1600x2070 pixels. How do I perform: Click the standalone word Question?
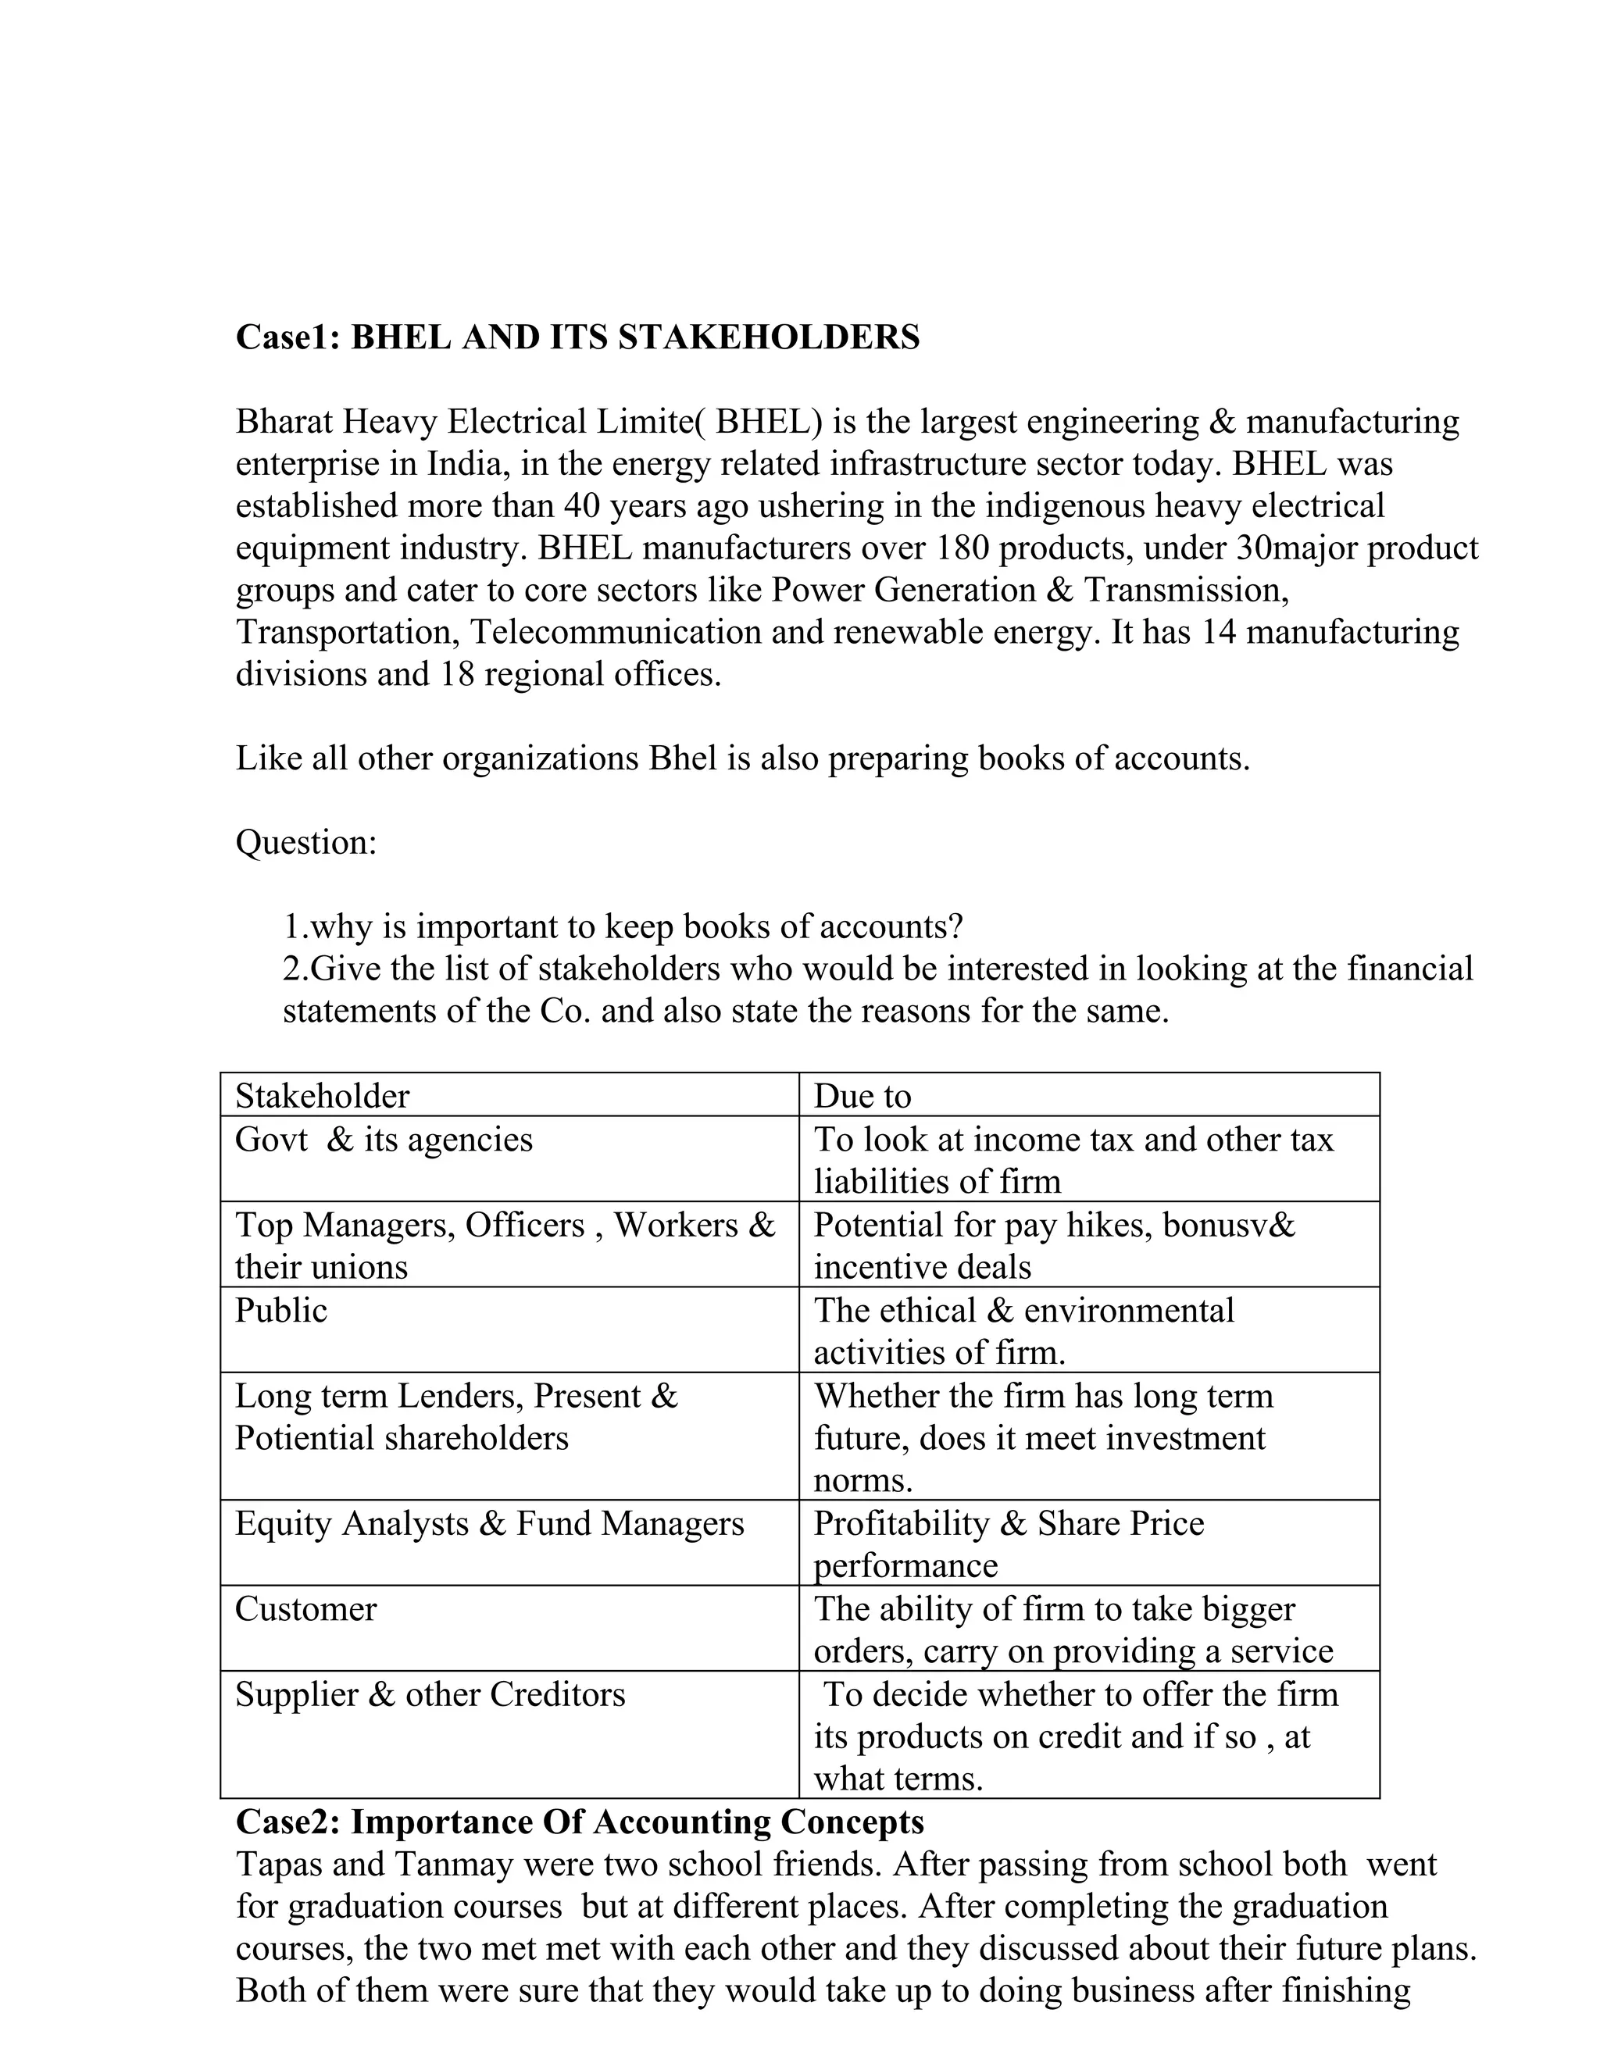306,841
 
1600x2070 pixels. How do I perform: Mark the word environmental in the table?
1129,1311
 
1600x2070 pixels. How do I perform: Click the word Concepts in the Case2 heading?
852,1822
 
